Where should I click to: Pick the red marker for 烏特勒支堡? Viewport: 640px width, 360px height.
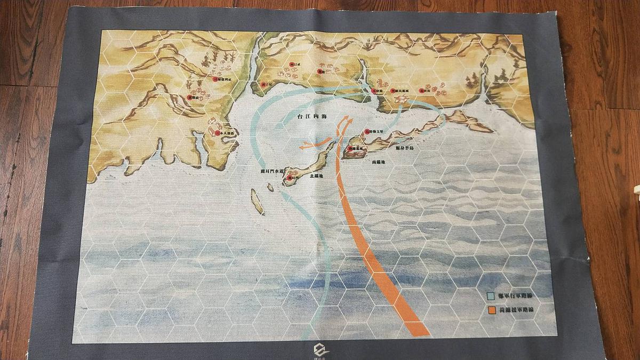pyautogui.click(x=366, y=131)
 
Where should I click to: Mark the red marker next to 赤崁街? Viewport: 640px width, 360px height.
pyautogui.click(x=421, y=91)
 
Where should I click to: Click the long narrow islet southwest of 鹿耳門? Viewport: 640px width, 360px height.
pyautogui.click(x=257, y=203)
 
